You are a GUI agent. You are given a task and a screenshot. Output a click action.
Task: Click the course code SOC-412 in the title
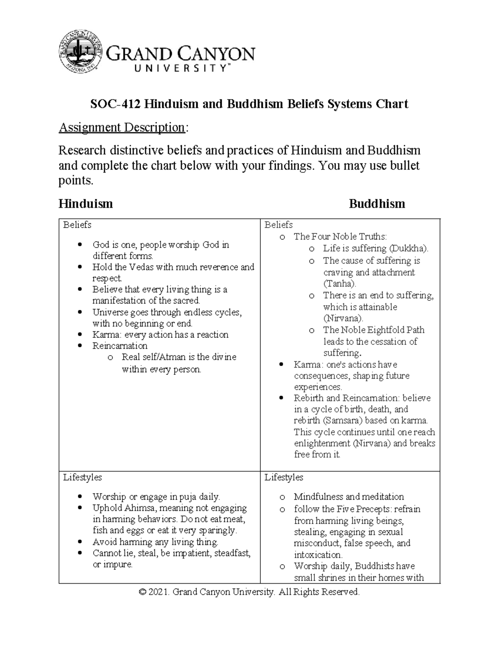[116, 104]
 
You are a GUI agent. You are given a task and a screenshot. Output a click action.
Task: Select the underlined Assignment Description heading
[121, 127]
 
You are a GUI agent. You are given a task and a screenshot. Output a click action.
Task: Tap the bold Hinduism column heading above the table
[86, 204]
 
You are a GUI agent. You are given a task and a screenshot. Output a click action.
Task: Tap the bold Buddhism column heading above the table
[377, 204]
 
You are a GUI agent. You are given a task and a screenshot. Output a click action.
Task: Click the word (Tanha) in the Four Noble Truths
[340, 284]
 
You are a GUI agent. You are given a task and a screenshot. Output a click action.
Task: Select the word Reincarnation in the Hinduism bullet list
[120, 346]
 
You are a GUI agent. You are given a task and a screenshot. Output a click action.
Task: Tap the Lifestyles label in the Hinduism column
[82, 477]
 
